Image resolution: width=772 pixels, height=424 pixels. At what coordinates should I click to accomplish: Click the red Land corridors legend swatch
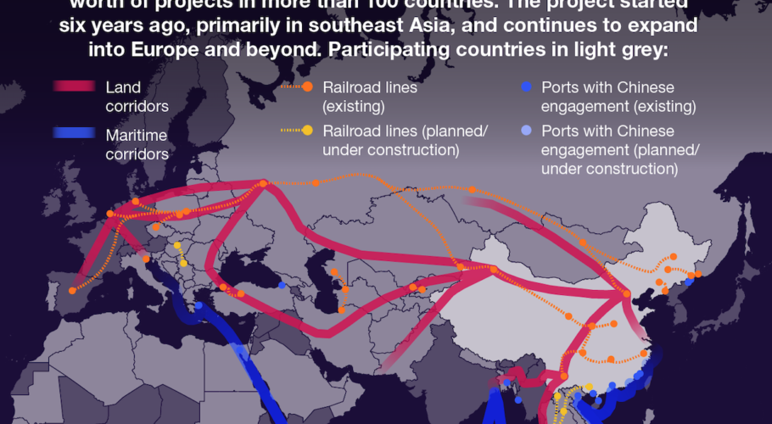click(x=76, y=86)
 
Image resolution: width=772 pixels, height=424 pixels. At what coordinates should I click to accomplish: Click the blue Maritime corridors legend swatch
click(x=76, y=134)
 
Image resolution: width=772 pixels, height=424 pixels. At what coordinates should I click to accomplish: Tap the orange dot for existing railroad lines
click(x=306, y=86)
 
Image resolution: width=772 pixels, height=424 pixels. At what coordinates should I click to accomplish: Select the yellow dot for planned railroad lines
click(x=306, y=131)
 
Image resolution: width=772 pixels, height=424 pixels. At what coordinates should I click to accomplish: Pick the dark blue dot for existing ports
click(x=526, y=86)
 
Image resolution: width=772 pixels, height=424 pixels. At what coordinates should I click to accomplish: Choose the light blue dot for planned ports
click(x=526, y=131)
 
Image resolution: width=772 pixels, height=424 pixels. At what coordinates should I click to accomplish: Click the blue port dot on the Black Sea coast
click(x=282, y=285)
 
